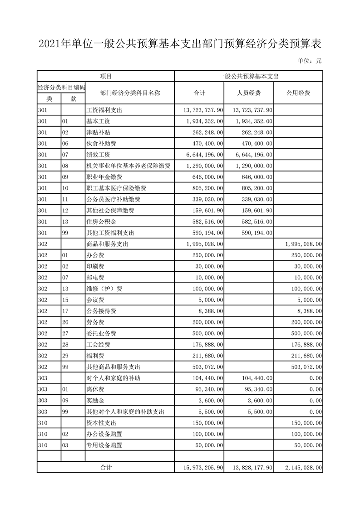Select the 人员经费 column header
point(248,93)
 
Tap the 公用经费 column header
point(298,93)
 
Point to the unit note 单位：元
point(310,61)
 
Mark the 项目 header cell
point(106,76)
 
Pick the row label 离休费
point(95,390)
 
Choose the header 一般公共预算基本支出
point(248,76)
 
